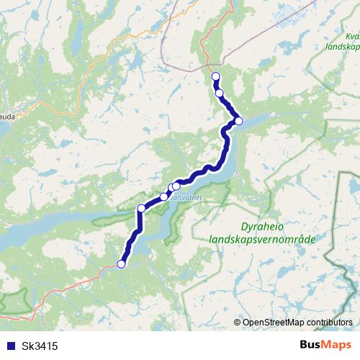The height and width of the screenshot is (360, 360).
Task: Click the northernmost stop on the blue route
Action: point(215,76)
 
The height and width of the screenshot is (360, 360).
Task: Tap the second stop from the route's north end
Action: point(220,93)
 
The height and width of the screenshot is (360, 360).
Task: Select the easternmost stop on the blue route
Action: point(238,121)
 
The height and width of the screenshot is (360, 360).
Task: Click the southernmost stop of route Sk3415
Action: point(121,264)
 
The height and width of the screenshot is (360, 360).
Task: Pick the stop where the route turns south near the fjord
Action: point(141,209)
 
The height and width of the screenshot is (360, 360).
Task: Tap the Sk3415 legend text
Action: point(40,346)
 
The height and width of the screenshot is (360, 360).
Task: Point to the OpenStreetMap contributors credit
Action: point(297,322)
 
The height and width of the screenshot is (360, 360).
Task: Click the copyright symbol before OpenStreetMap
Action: point(237,322)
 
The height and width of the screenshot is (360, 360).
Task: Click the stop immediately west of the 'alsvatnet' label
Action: point(164,196)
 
